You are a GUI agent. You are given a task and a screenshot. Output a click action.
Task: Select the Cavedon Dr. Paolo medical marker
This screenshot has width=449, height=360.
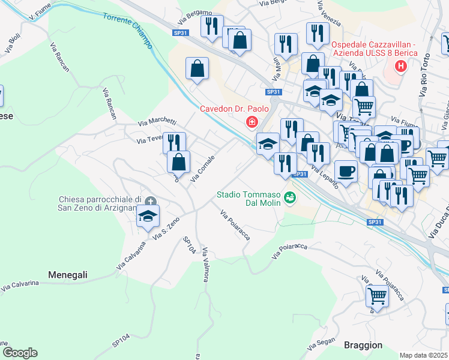tap(252, 122)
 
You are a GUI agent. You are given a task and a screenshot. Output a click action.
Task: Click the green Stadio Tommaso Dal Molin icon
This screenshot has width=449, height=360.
tap(290, 197)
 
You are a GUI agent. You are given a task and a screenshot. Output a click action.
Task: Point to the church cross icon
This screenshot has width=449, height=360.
tap(150, 202)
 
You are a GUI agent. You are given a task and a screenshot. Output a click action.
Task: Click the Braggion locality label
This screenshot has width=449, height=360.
tap(363, 345)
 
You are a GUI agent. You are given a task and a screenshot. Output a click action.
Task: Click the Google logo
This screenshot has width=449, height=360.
tap(20, 352)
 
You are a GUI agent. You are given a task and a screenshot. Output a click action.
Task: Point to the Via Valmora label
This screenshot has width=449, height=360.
tap(205, 262)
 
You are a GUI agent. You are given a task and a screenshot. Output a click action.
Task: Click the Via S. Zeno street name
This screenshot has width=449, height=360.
tap(166, 229)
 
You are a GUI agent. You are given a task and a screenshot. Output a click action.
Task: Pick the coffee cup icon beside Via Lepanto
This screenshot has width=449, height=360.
tap(345, 170)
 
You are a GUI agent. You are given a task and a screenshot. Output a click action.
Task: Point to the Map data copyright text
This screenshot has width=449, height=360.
tap(424, 355)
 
